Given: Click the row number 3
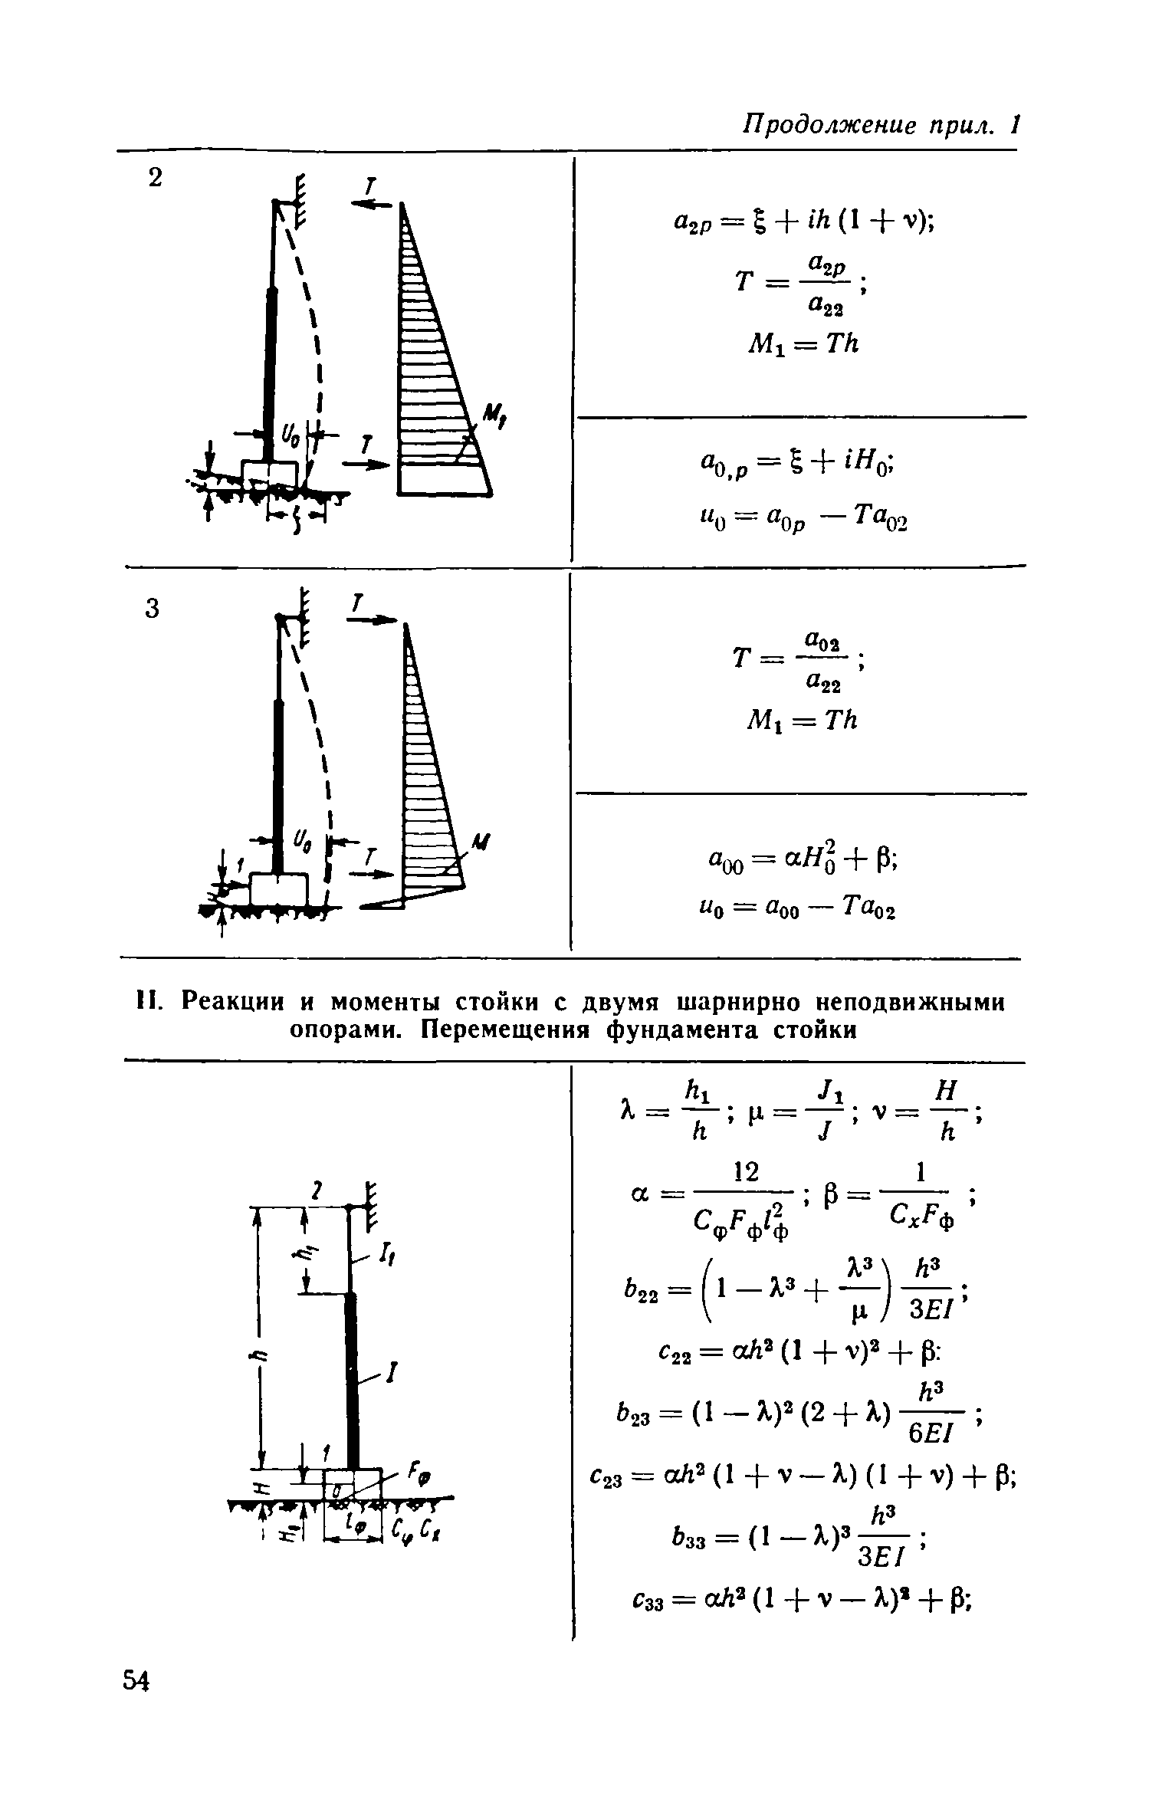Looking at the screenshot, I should [x=153, y=609].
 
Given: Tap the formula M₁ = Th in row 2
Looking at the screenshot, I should [x=802, y=344].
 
